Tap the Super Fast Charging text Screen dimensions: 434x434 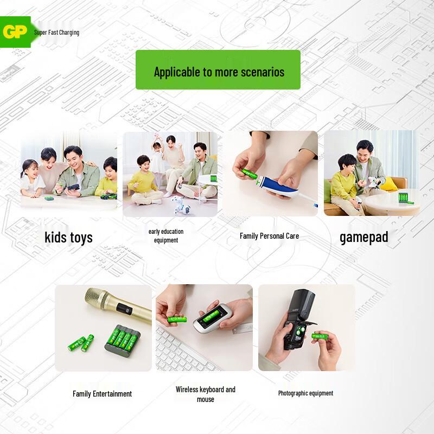point(56,33)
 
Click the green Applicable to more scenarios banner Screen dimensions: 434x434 point(218,70)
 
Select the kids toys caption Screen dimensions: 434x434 point(68,237)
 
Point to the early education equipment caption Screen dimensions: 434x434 point(166,235)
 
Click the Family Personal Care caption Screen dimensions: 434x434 point(269,236)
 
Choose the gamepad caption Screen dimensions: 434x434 point(363,237)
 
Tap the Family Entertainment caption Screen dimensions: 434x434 point(102,394)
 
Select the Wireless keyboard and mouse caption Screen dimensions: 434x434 point(205,394)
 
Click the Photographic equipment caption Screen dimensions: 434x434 point(305,393)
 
